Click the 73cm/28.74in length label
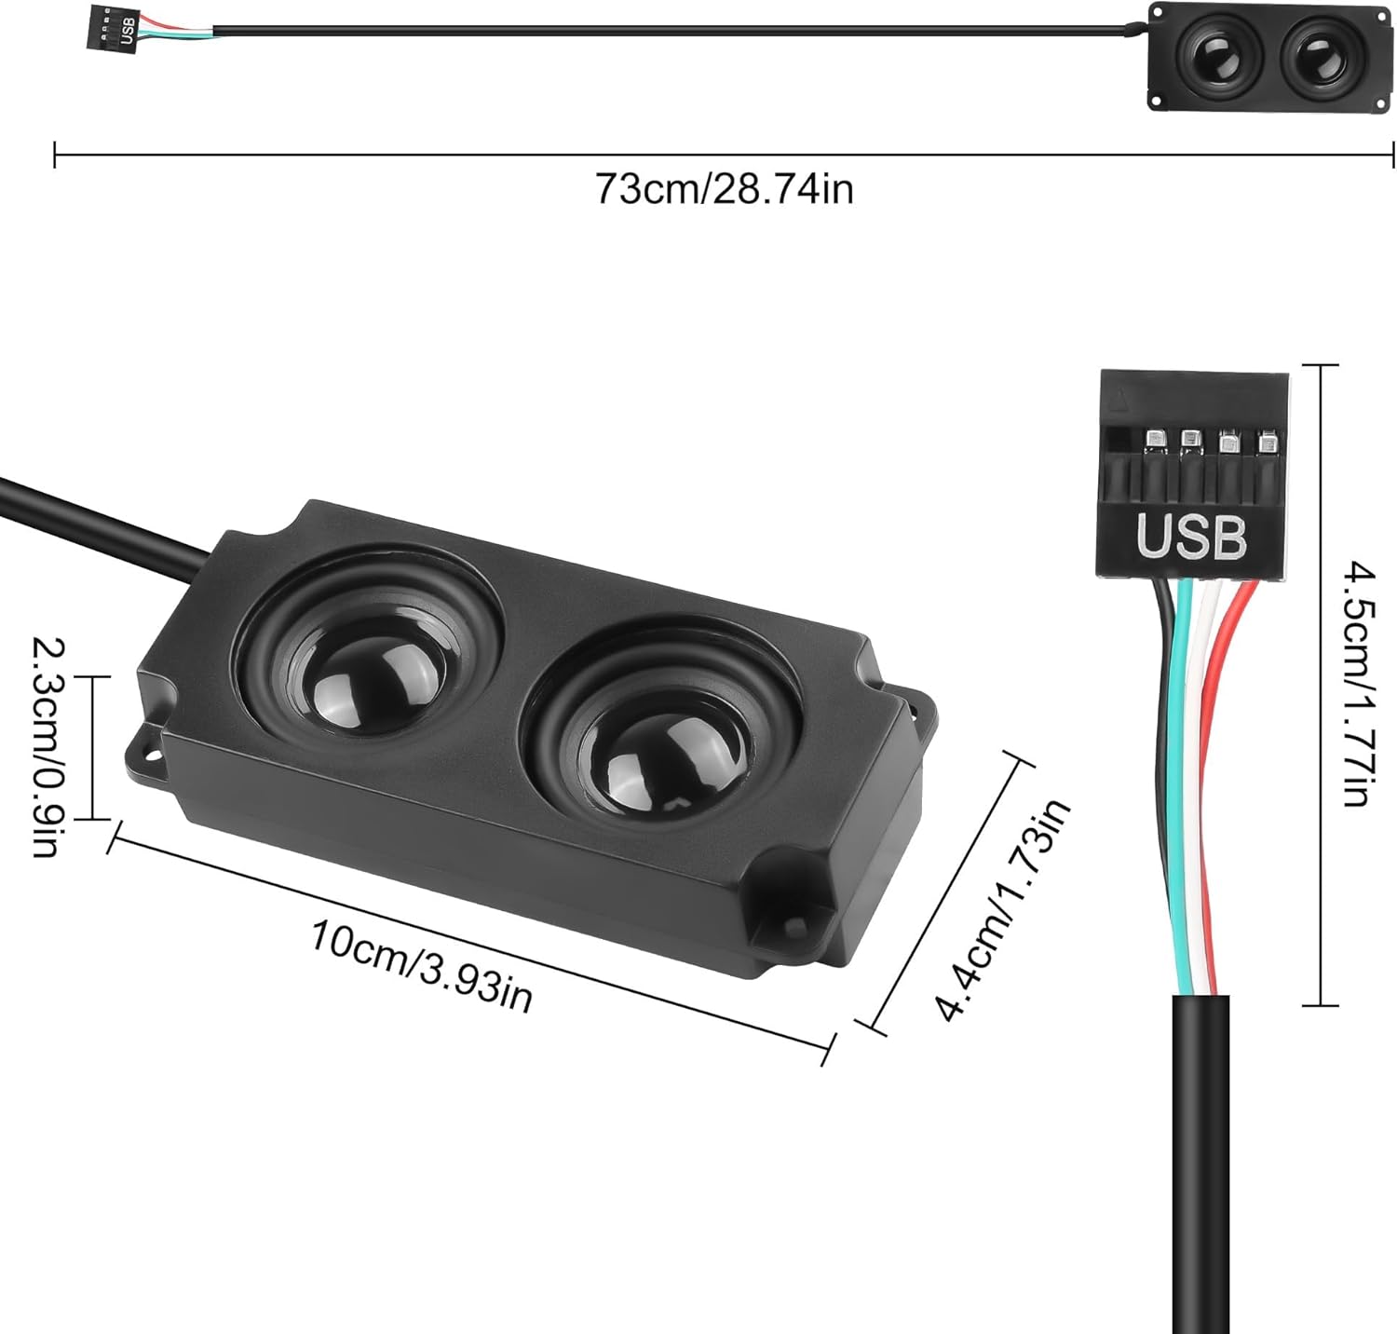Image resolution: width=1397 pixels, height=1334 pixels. pos(724,190)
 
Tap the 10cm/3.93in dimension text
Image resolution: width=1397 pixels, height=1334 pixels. pos(421,965)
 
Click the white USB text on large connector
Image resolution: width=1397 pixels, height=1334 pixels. pos(1190,537)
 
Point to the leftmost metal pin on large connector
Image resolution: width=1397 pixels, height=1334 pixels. pos(1153,437)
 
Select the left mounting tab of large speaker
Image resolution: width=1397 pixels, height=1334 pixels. pos(146,750)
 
